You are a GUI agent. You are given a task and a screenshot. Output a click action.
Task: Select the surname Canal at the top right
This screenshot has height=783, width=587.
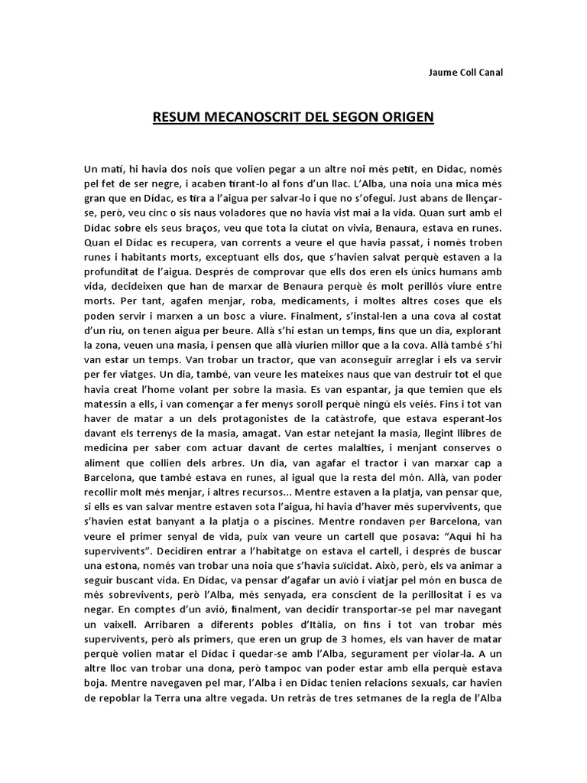487,73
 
